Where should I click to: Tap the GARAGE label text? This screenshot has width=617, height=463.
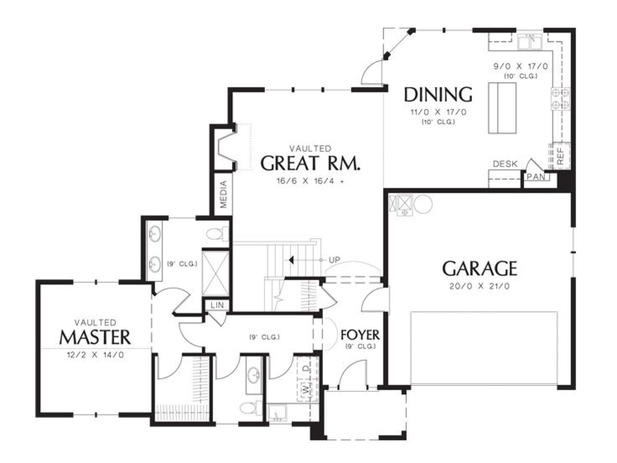click(x=480, y=269)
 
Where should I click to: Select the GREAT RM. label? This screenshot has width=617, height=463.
click(x=310, y=163)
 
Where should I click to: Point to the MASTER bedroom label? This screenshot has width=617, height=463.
click(x=95, y=337)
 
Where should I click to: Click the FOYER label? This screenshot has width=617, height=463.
click(x=360, y=335)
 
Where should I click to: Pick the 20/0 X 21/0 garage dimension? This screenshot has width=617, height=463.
click(x=480, y=286)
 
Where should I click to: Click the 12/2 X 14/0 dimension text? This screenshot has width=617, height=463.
click(x=95, y=355)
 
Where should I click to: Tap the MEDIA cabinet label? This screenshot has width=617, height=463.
click(x=223, y=194)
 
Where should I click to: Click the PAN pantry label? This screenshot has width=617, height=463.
click(x=536, y=177)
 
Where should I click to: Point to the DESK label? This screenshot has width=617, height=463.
click(x=505, y=164)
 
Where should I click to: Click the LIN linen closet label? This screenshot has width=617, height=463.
click(x=217, y=305)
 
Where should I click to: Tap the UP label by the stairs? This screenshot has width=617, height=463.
click(x=334, y=260)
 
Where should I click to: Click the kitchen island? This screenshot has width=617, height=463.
click(x=502, y=108)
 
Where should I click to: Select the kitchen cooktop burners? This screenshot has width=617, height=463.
click(x=561, y=98)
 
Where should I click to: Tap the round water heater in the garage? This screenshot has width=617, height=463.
click(x=423, y=204)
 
